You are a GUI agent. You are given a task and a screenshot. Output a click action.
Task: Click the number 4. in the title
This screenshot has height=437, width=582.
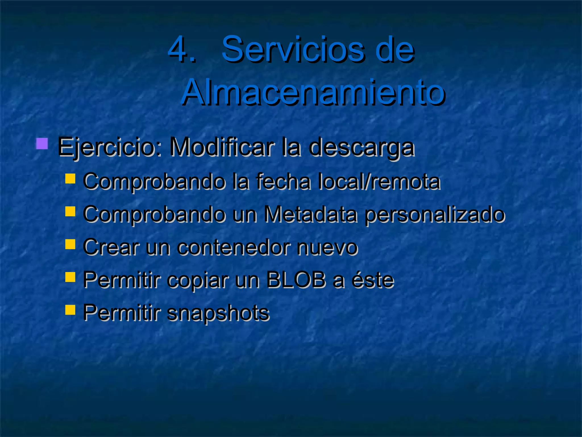click(x=182, y=49)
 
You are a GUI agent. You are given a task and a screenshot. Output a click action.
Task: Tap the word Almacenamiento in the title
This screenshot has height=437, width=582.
click(x=313, y=92)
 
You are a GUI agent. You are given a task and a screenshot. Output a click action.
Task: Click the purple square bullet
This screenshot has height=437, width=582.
click(x=42, y=144)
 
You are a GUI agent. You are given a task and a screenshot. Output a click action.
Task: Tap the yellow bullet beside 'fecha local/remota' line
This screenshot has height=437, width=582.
click(x=70, y=179)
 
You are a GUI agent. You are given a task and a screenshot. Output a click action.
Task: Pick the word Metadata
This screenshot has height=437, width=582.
click(x=310, y=214)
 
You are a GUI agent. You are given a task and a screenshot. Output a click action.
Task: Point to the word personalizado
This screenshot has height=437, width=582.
click(x=435, y=215)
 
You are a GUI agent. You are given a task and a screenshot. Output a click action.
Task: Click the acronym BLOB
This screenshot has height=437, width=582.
click(x=296, y=280)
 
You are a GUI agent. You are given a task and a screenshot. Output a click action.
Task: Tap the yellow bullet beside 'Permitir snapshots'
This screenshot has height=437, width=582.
click(x=70, y=310)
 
